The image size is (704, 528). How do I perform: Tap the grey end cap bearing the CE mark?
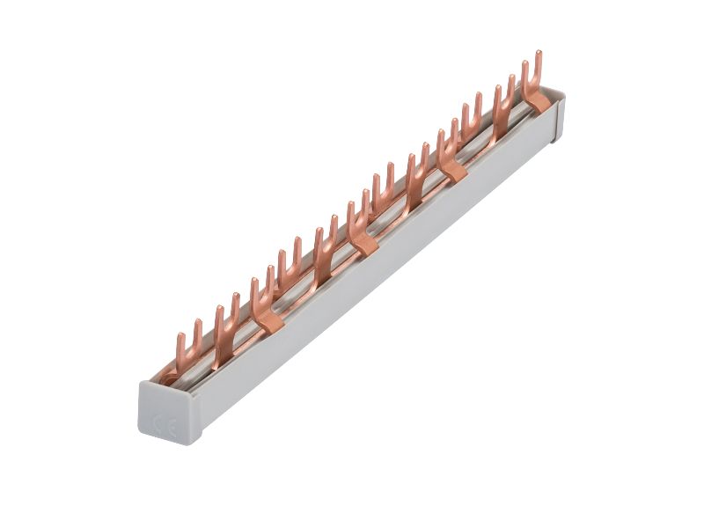(x=167, y=412)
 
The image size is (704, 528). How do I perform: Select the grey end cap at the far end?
(x=558, y=118)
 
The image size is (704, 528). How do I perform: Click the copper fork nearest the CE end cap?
(x=187, y=350)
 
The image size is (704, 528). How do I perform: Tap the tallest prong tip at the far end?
(x=539, y=52)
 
